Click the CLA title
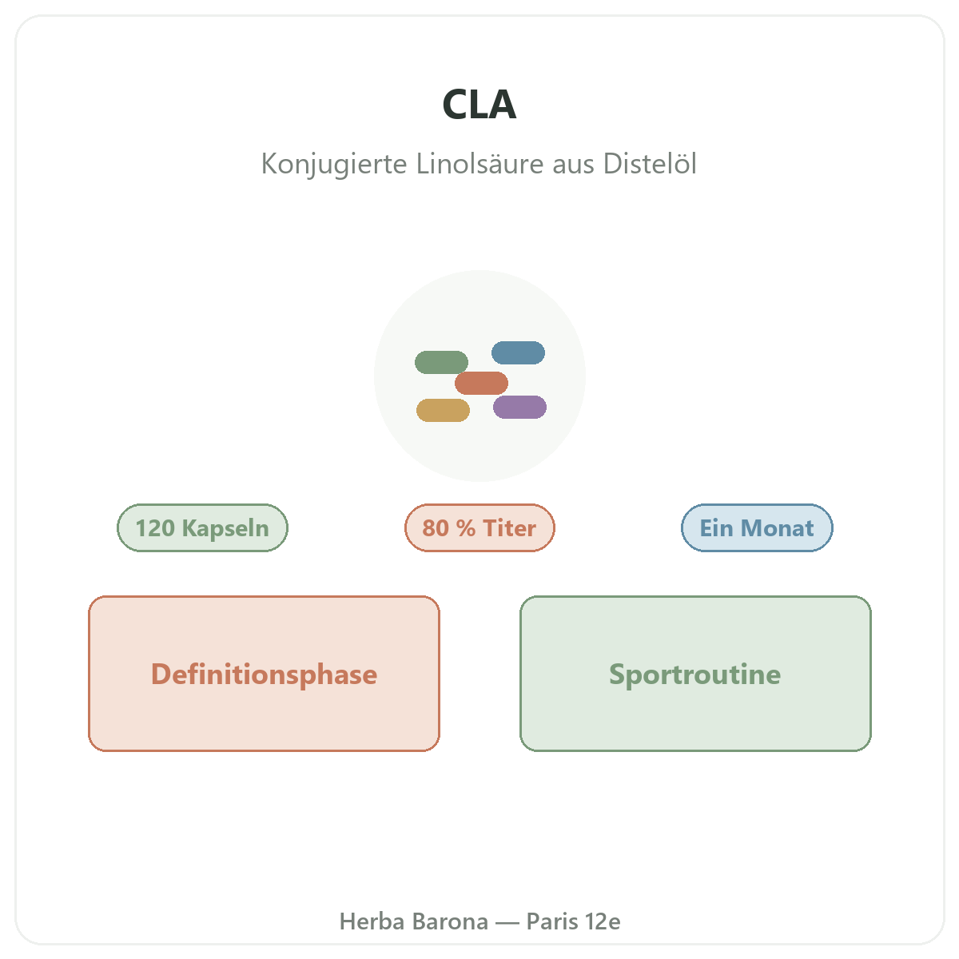(x=479, y=104)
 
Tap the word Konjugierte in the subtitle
(x=334, y=164)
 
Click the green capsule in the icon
(x=441, y=362)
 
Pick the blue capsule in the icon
(x=518, y=352)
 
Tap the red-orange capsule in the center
(x=481, y=383)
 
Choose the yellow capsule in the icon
(x=443, y=410)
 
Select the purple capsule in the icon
(x=519, y=407)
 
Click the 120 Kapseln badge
(x=202, y=527)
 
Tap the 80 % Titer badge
(x=479, y=527)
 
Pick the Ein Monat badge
(x=757, y=527)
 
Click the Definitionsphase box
(x=264, y=674)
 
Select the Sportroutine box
(x=694, y=674)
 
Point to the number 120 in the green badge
(x=155, y=528)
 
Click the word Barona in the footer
(x=451, y=921)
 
